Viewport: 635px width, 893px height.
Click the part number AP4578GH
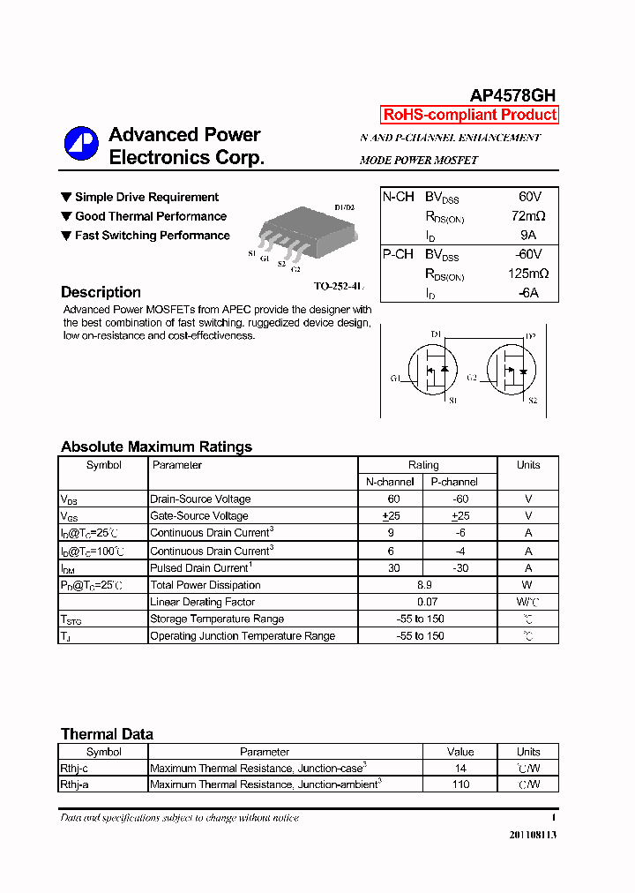click(512, 96)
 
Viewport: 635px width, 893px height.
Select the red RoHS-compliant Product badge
click(469, 115)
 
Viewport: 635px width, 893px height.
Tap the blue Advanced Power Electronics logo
click(80, 145)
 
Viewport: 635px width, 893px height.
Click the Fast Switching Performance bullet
click(145, 236)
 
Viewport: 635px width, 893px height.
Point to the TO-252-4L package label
click(339, 287)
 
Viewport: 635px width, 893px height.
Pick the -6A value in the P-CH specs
click(527, 293)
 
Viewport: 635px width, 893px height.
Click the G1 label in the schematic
click(395, 379)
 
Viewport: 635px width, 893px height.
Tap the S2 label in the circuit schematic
click(532, 401)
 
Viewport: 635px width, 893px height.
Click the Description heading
click(101, 292)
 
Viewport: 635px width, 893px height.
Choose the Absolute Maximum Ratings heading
click(156, 446)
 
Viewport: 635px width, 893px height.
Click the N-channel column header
click(390, 482)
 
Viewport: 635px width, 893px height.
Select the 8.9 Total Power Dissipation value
click(423, 585)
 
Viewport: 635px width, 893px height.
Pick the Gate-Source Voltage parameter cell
click(199, 516)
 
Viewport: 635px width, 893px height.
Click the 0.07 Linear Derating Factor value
click(423, 602)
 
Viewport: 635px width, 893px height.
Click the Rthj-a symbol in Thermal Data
click(74, 784)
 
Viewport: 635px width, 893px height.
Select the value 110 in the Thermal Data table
click(460, 784)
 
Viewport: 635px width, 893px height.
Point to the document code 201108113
click(533, 835)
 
